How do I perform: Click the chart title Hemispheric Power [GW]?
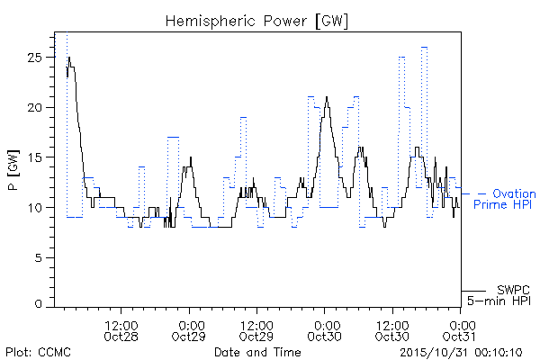click(x=256, y=22)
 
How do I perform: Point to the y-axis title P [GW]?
click(x=13, y=170)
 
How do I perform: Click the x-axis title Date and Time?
click(x=257, y=352)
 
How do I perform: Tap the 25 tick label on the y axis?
click(x=34, y=58)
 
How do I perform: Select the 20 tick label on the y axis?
click(x=34, y=107)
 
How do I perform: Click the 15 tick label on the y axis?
click(x=35, y=157)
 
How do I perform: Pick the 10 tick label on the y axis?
click(x=35, y=208)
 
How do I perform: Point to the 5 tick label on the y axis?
click(x=38, y=257)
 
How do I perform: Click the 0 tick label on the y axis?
click(x=38, y=304)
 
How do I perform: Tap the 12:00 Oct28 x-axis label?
click(x=121, y=330)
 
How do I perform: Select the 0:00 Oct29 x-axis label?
click(x=189, y=330)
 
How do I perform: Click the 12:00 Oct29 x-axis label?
click(x=256, y=330)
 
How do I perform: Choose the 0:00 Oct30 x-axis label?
click(x=324, y=330)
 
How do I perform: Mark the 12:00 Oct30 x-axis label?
click(x=392, y=330)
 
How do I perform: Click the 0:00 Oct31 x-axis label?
click(x=459, y=330)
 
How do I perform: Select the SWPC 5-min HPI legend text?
click(x=499, y=295)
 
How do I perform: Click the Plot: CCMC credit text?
click(x=38, y=353)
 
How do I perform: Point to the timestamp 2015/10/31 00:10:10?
click(x=461, y=353)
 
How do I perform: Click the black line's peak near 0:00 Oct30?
click(x=327, y=97)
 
